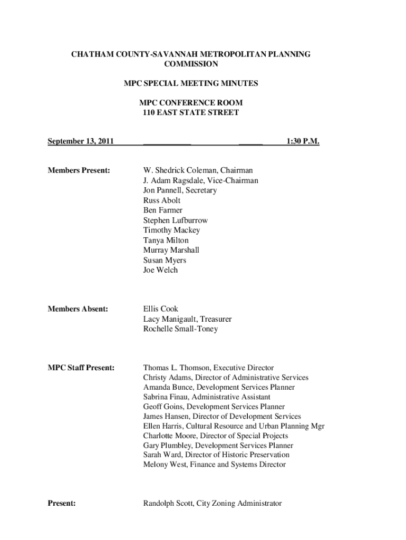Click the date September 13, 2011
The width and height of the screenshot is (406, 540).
81,141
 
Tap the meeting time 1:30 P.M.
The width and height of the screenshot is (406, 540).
303,141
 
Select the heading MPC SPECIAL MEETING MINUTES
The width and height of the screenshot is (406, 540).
191,83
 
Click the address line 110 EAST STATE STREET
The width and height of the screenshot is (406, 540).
191,112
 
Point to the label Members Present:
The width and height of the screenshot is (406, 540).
79,170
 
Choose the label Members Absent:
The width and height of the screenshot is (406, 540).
78,309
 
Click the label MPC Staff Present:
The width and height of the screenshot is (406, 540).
81,368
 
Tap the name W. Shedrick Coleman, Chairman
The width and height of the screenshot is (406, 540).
198,170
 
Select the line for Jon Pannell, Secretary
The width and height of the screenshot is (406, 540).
180,190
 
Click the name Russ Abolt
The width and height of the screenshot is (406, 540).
162,200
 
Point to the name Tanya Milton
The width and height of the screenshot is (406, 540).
166,240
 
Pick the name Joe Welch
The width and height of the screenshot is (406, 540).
161,270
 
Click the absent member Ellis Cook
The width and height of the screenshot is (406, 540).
161,309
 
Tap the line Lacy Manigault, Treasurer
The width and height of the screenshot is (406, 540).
187,319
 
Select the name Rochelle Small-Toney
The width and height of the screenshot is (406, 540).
180,329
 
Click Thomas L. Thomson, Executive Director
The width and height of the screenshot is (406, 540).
209,368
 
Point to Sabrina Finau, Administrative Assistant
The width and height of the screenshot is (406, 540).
207,397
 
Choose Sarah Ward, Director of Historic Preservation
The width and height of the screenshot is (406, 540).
216,455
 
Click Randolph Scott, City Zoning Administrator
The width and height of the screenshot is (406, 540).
212,504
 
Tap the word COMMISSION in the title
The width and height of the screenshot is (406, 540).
191,64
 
